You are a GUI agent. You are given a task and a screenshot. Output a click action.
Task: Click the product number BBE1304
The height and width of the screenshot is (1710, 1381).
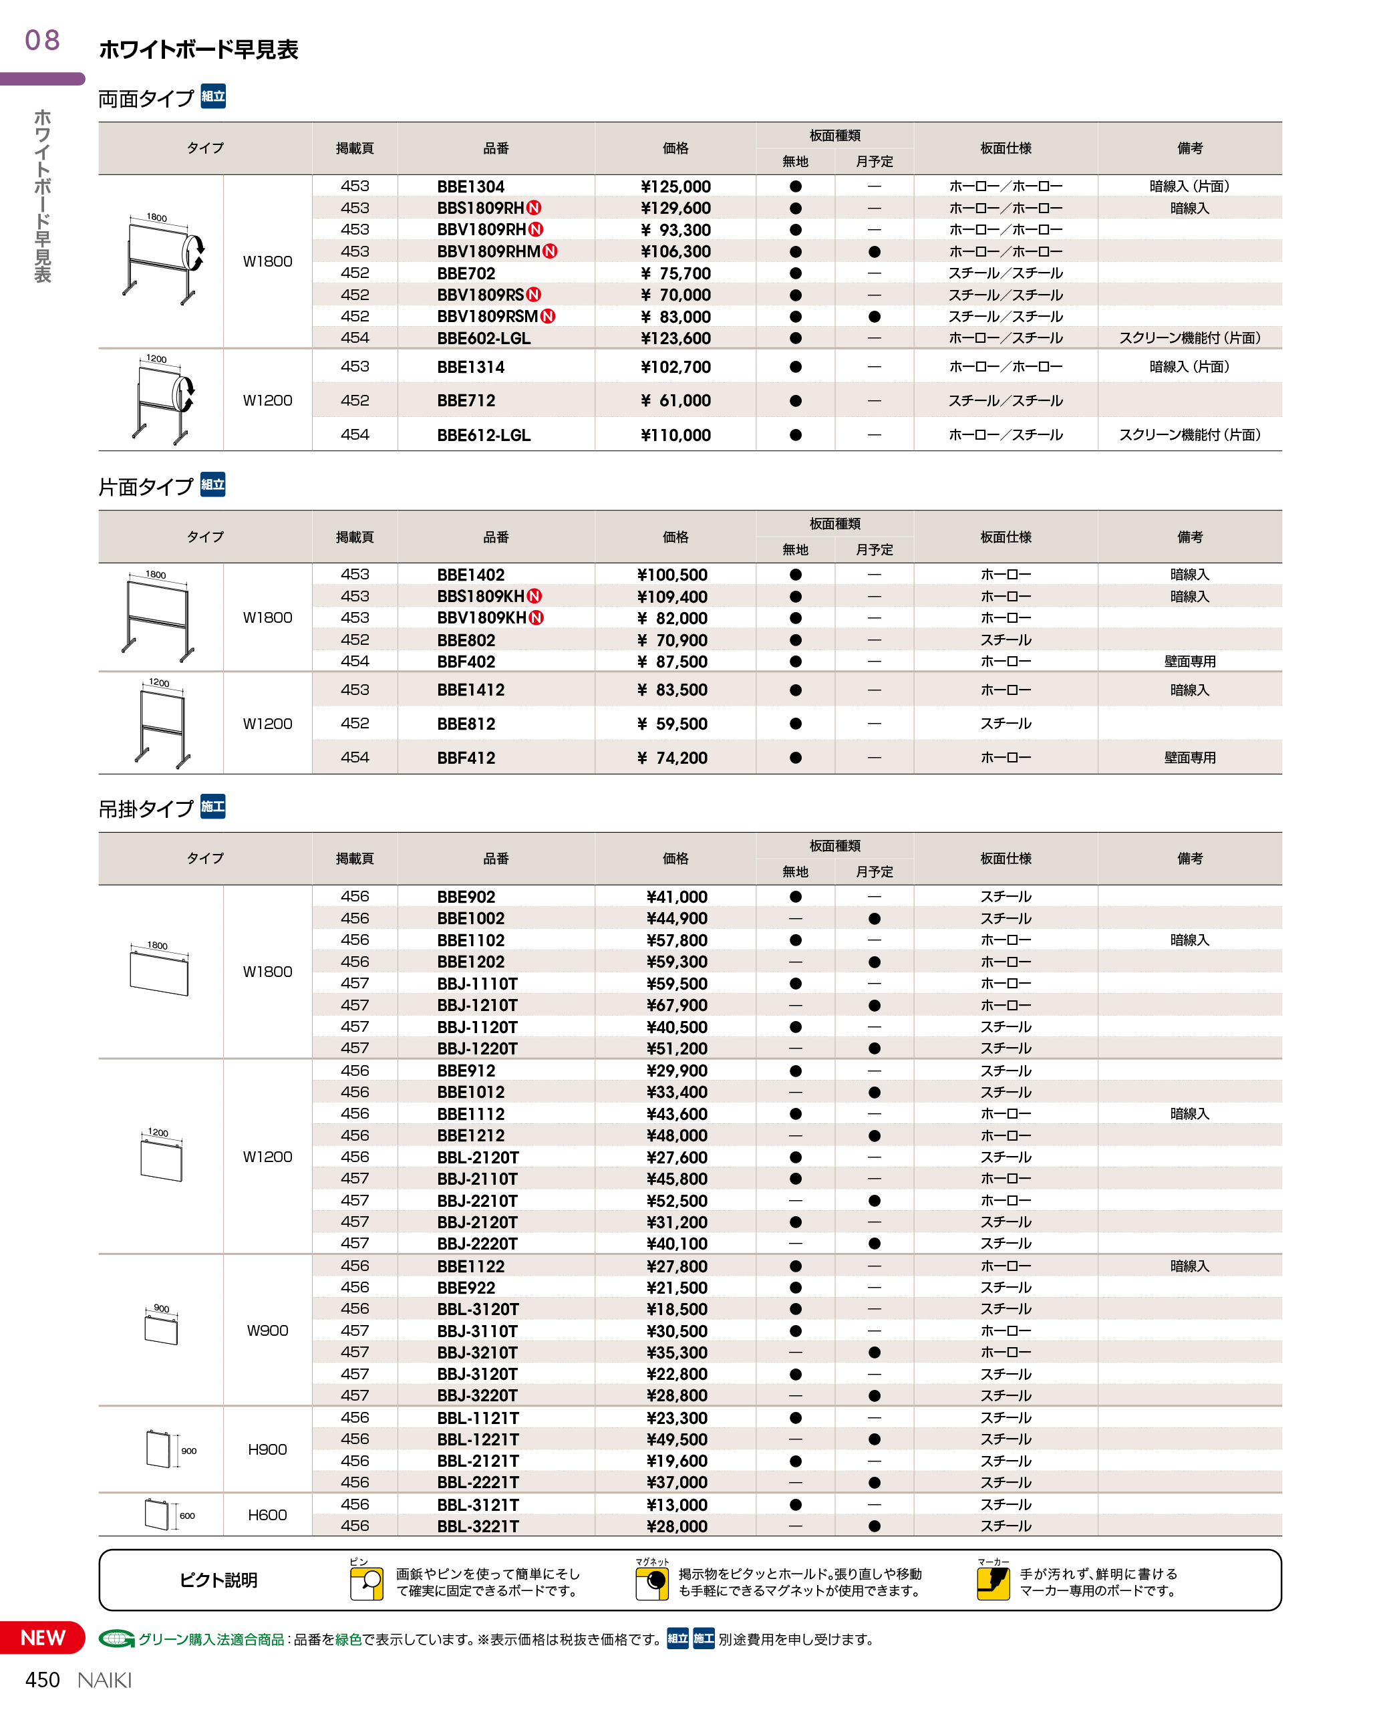pyautogui.click(x=470, y=186)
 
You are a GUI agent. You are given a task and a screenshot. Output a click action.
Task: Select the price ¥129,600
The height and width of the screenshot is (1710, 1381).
pyautogui.click(x=675, y=208)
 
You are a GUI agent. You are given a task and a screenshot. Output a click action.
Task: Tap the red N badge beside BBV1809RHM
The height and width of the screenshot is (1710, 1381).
pyautogui.click(x=550, y=251)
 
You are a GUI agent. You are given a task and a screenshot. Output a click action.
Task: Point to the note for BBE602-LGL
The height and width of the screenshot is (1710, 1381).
pyautogui.click(x=1189, y=338)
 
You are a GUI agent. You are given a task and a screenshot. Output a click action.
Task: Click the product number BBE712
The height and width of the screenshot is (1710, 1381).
pyautogui.click(x=466, y=400)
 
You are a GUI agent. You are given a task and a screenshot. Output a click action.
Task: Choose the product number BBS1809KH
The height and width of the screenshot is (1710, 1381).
pyautogui.click(x=480, y=596)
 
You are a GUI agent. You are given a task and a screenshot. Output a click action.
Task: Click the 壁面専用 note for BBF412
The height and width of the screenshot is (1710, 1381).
pyautogui.click(x=1189, y=758)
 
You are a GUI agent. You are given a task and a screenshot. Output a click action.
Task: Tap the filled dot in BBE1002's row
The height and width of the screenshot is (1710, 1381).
pyautogui.click(x=875, y=918)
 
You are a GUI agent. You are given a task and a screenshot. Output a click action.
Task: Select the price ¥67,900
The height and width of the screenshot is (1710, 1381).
pyautogui.click(x=676, y=1005)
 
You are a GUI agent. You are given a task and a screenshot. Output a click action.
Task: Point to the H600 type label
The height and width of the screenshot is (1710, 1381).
pyautogui.click(x=267, y=1514)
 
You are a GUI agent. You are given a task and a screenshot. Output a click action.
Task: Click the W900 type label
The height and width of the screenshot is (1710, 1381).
pyautogui.click(x=267, y=1330)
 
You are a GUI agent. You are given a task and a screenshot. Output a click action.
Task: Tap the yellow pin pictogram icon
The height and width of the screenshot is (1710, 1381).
pyautogui.click(x=367, y=1582)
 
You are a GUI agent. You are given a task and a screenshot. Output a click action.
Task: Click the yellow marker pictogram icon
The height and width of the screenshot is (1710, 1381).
pyautogui.click(x=993, y=1582)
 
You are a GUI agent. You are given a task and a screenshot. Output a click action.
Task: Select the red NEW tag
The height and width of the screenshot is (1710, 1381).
pyautogui.click(x=43, y=1638)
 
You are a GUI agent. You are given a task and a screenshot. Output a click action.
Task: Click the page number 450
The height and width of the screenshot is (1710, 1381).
pyautogui.click(x=42, y=1680)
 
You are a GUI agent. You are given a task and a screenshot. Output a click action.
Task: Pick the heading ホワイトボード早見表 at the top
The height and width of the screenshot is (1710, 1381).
pyautogui.click(x=198, y=50)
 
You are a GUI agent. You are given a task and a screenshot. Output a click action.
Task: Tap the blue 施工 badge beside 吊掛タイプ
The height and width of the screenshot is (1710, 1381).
pyautogui.click(x=212, y=807)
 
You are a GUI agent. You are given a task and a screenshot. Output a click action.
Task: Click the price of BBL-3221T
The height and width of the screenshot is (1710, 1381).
pyautogui.click(x=676, y=1526)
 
